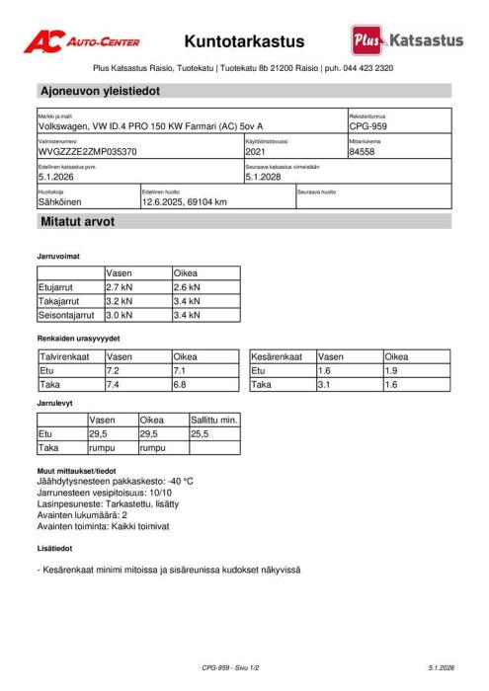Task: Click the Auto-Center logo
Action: (x=82, y=41)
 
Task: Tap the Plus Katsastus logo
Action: (x=406, y=40)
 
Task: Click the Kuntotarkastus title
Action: (x=244, y=41)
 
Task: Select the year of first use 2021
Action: (x=256, y=152)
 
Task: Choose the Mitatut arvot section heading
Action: (x=77, y=222)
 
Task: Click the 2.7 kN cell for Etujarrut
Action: (x=120, y=287)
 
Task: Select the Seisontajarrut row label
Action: (x=68, y=316)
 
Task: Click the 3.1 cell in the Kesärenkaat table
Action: (x=324, y=385)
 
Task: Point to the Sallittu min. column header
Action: (x=213, y=420)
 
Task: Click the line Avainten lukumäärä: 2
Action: (x=83, y=515)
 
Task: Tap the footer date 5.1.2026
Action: (x=441, y=668)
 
